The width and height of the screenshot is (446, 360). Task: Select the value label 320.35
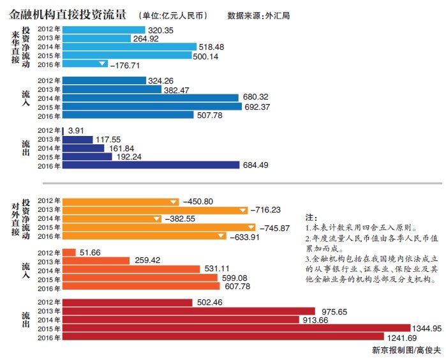(x=161, y=29)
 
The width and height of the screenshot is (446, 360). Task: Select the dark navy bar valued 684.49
(x=149, y=165)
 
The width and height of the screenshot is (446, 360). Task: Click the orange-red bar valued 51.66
(x=70, y=253)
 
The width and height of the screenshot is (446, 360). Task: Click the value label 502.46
(x=210, y=303)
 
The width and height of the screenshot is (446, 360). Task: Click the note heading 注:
(x=311, y=217)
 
